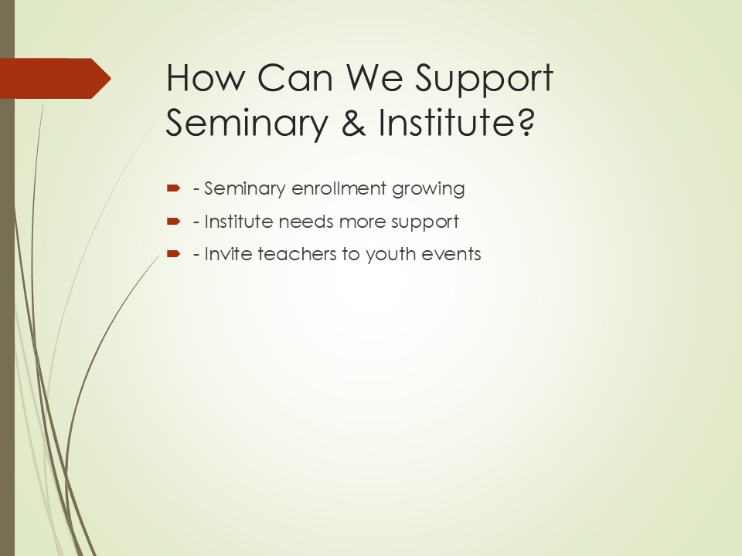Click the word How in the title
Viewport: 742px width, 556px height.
coord(205,77)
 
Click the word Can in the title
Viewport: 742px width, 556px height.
coord(294,77)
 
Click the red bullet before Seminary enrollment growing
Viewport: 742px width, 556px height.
coord(174,188)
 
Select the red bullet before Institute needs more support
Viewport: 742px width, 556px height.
coord(174,222)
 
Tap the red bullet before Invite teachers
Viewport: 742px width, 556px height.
coord(174,254)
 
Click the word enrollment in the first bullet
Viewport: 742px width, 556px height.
coord(339,188)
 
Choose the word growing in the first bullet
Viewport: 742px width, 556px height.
coord(428,190)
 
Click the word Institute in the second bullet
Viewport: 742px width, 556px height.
coord(239,222)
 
